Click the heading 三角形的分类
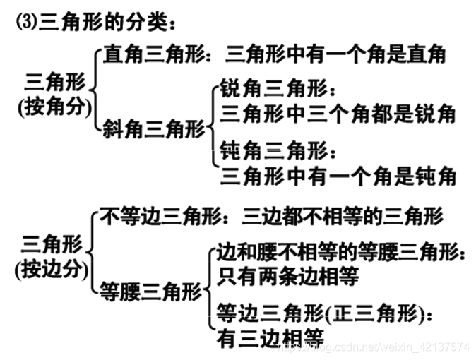pyautogui.click(x=106, y=23)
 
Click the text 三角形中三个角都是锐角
pyautogui.click(x=338, y=112)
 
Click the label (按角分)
pyautogui.click(x=54, y=107)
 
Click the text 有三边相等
pyautogui.click(x=270, y=337)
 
